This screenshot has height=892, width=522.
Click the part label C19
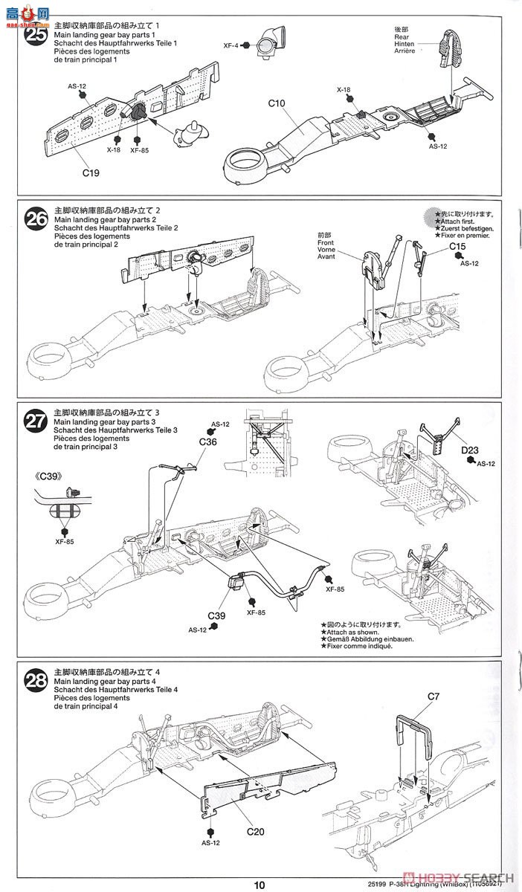pyautogui.click(x=91, y=173)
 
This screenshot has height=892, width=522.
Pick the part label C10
pyautogui.click(x=278, y=104)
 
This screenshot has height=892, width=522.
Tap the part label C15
pyautogui.click(x=457, y=246)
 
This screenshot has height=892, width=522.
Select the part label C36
pyautogui.click(x=208, y=442)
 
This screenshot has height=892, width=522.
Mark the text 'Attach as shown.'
pyautogui.click(x=349, y=631)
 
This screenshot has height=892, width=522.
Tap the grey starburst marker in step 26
pyautogui.click(x=432, y=217)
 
